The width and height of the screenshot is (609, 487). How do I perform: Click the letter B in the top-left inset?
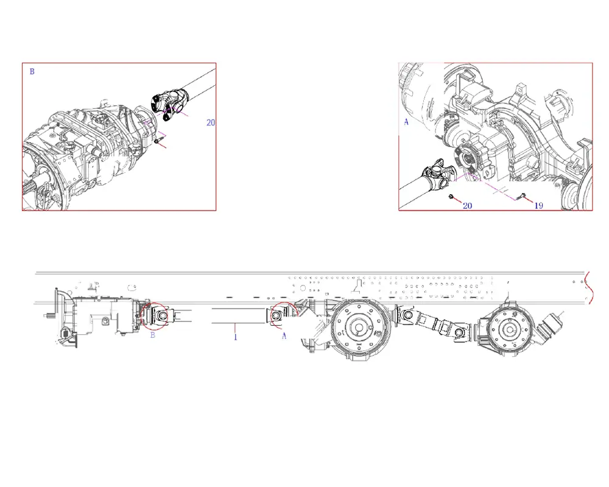tap(32, 71)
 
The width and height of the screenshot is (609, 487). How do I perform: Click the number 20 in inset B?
tap(211, 123)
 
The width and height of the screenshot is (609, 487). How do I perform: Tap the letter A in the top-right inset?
tap(406, 122)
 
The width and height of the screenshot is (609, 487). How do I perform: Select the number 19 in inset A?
tap(538, 205)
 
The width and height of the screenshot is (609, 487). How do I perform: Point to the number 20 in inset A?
tap(467, 205)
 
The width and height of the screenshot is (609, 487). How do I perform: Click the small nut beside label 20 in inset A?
tap(451, 197)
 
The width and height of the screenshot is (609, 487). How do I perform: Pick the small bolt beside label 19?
tap(523, 196)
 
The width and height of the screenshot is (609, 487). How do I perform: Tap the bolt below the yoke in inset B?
tap(157, 141)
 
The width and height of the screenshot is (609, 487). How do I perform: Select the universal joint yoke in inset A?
tap(439, 175)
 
